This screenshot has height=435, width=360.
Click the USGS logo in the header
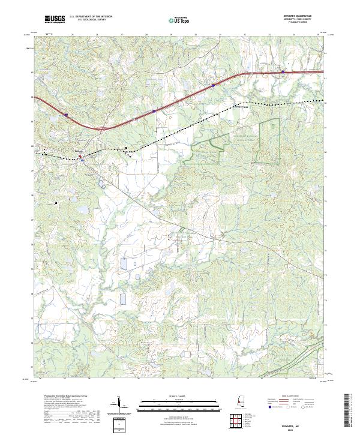[x=55, y=20]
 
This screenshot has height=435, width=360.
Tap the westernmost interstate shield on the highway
[x=67, y=115]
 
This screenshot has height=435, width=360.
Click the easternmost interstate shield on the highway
[x=283, y=72]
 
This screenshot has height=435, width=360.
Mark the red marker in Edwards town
[x=82, y=159]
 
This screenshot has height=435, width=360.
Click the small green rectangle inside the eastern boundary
[x=275, y=126]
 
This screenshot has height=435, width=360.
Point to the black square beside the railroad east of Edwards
[x=127, y=148]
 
